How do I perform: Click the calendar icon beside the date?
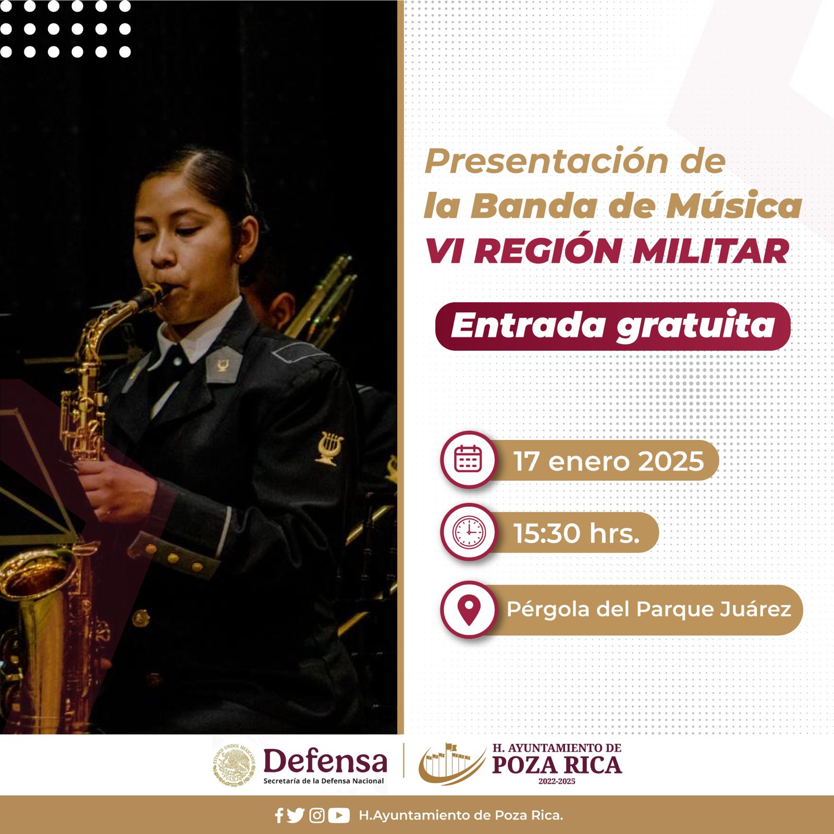click(469, 459)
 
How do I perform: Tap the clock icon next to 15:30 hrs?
click(469, 532)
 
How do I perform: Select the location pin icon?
click(469, 609)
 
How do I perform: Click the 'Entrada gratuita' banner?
click(612, 326)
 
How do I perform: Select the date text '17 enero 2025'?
click(608, 461)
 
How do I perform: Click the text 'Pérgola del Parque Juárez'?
click(649, 609)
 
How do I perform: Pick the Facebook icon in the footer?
click(279, 815)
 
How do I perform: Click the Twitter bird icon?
click(296, 815)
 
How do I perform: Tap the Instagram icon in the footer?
click(317, 815)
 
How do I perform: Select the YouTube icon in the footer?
click(339, 815)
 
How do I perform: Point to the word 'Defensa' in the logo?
click(325, 761)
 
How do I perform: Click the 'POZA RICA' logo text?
click(557, 765)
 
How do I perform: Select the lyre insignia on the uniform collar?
click(223, 365)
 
